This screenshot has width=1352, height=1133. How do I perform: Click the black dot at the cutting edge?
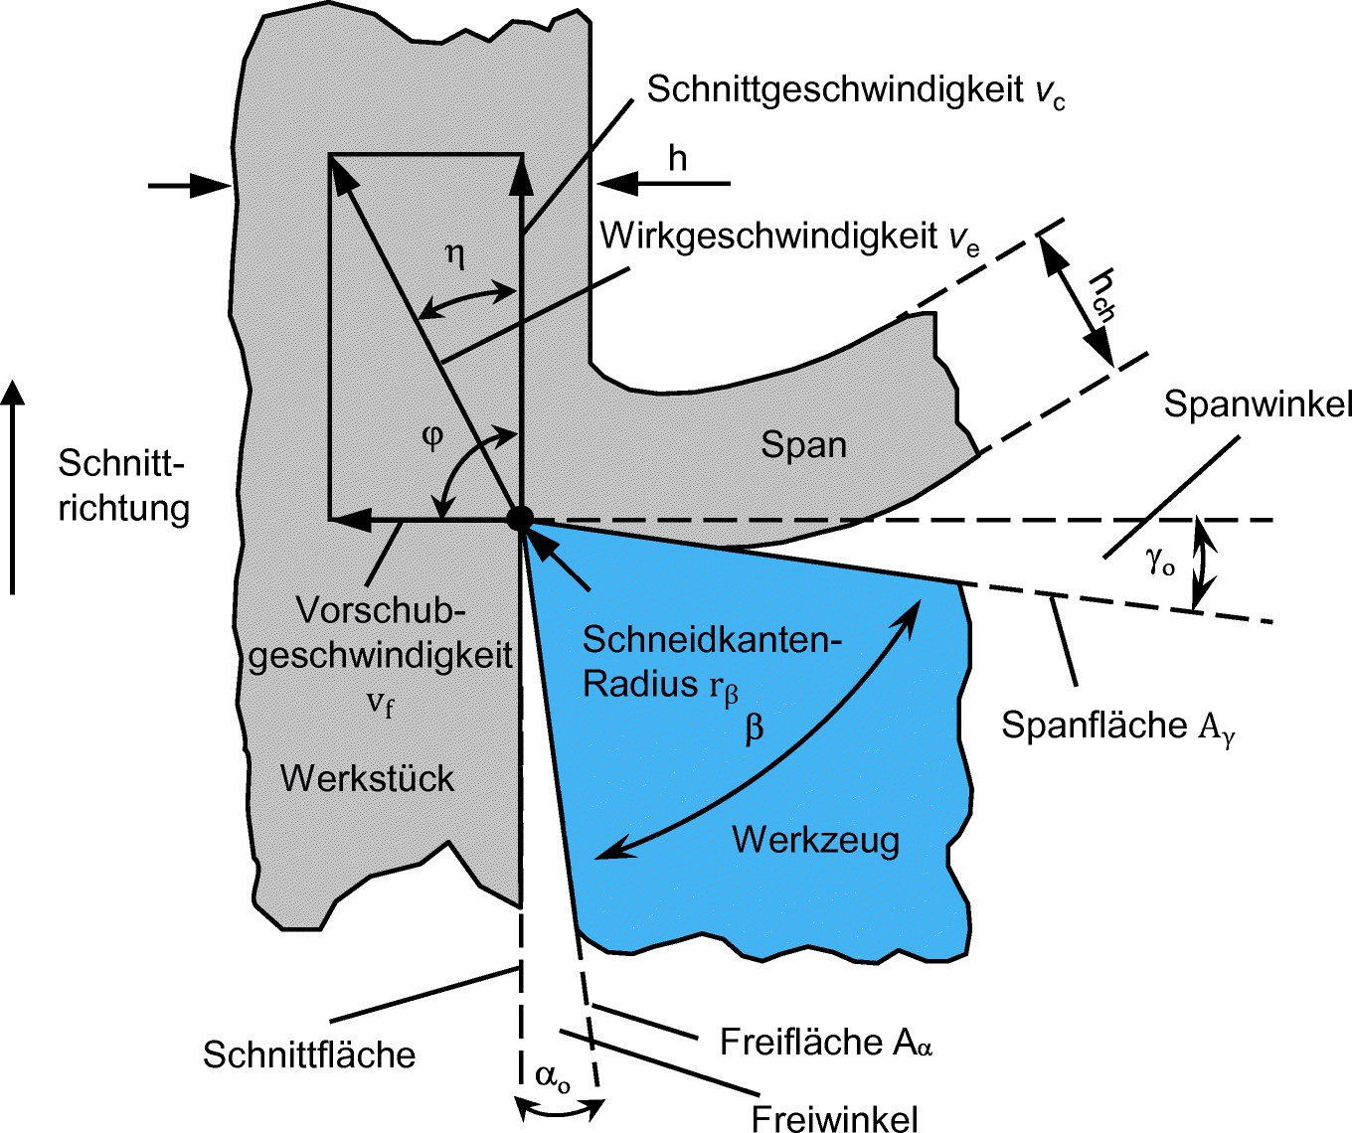[x=520, y=519]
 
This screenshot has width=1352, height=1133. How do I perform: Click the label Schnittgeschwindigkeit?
[x=835, y=89]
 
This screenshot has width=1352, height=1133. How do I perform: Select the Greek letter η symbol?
[x=454, y=255]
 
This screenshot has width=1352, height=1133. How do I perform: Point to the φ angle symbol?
[x=431, y=436]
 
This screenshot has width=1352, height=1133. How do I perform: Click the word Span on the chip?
[x=803, y=444]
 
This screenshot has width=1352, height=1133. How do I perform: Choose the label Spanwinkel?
[x=1258, y=405]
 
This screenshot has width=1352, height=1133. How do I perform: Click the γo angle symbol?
[x=1160, y=563]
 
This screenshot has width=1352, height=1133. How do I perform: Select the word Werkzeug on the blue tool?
[x=815, y=840]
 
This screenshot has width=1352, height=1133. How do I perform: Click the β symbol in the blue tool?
[x=755, y=730]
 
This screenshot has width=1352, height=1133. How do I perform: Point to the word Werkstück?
[x=367, y=778]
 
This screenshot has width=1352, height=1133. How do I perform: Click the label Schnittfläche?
[x=309, y=1054]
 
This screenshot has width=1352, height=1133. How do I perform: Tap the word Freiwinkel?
[x=834, y=1119]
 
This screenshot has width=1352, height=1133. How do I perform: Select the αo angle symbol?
[x=553, y=1076]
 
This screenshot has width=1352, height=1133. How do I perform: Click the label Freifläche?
[x=801, y=1042]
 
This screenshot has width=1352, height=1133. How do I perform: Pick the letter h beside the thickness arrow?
[x=677, y=158]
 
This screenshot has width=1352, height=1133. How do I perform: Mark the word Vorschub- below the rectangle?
[x=381, y=609]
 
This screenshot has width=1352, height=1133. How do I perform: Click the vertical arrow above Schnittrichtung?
[x=13, y=487]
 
